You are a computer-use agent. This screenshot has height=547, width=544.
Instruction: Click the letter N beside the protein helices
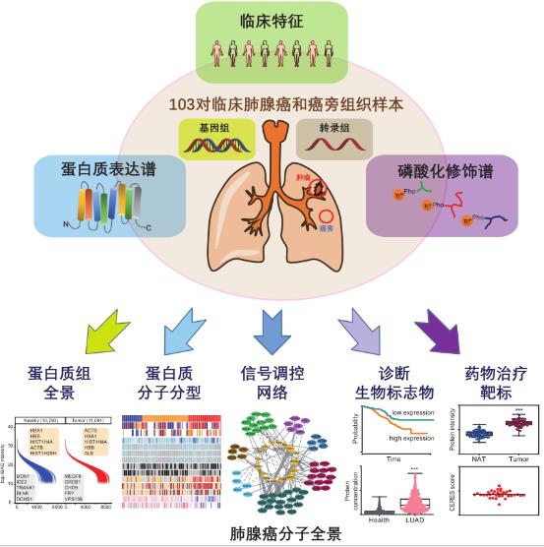pos(62,222)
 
